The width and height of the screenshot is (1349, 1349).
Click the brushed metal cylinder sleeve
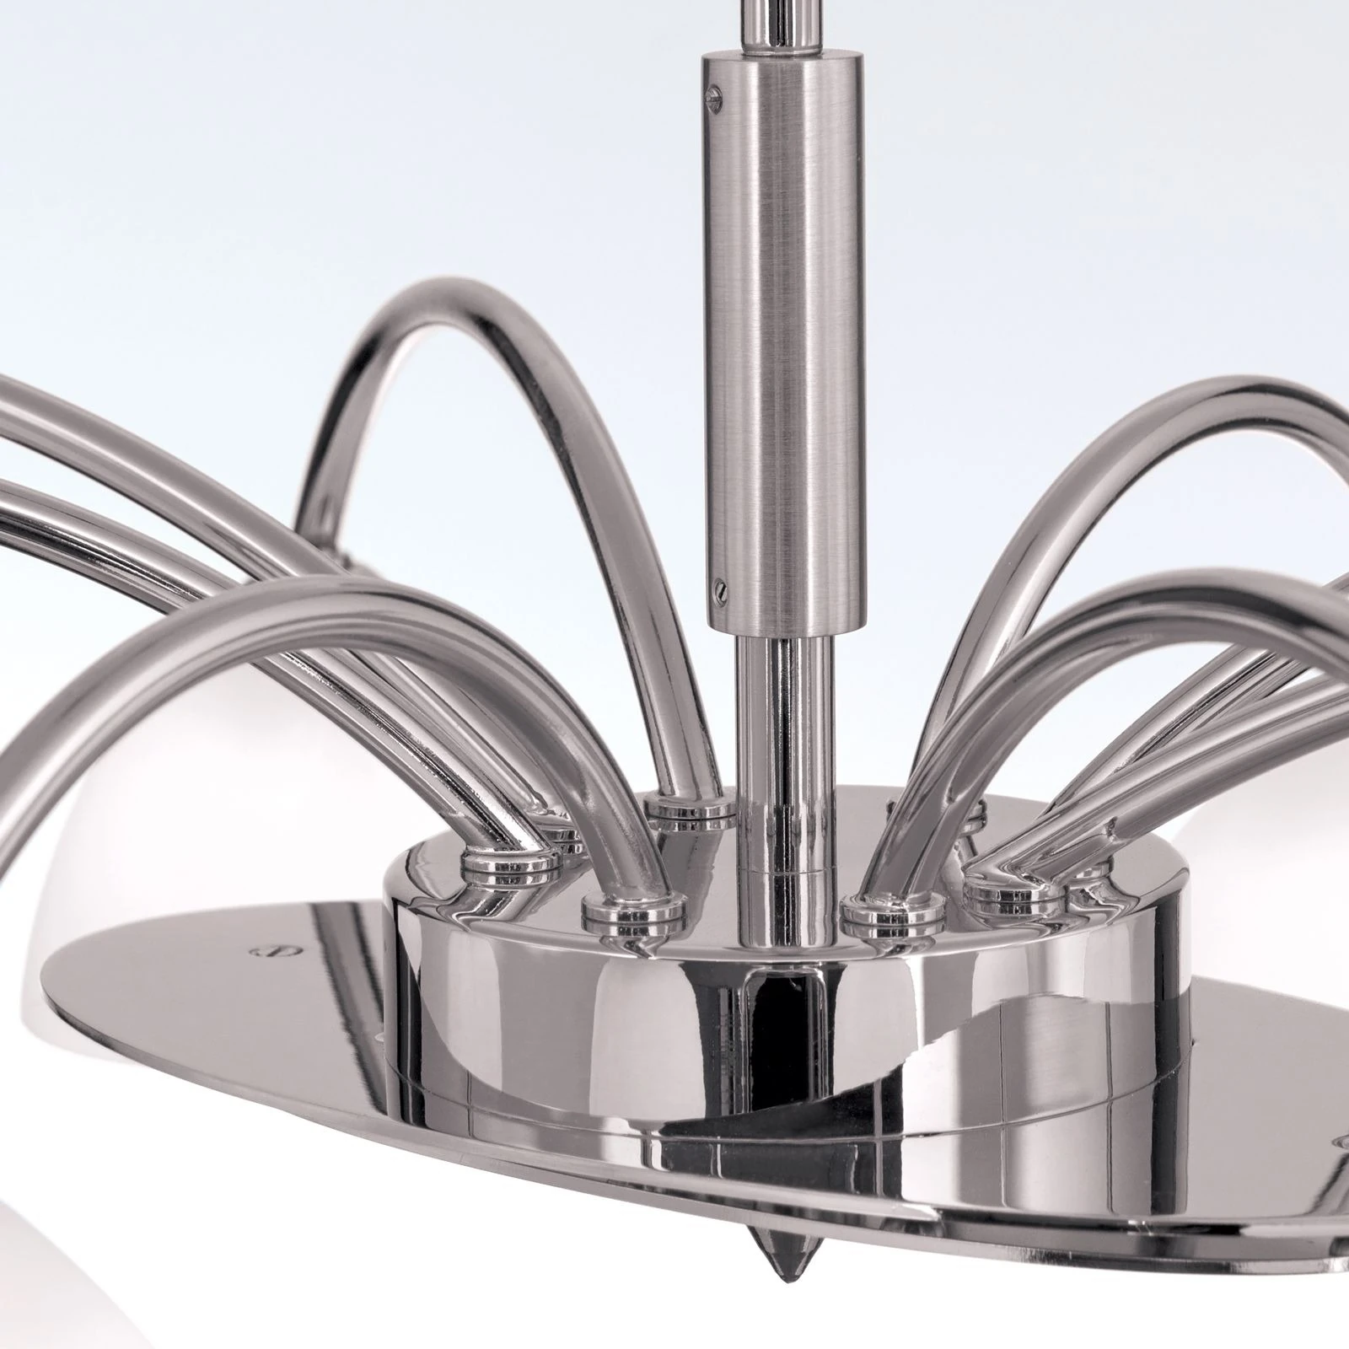(784, 337)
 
